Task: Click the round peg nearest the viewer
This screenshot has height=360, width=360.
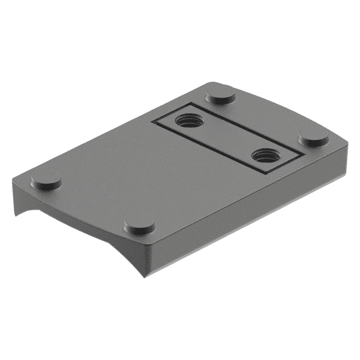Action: tap(139, 226)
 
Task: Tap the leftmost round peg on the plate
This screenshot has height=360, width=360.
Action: tap(46, 181)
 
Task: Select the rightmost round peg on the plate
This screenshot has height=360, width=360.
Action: tap(313, 137)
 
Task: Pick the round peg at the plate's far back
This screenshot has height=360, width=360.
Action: tap(220, 94)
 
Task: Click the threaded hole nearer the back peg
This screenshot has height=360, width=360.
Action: tap(189, 120)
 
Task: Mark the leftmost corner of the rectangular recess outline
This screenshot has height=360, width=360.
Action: tap(153, 121)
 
